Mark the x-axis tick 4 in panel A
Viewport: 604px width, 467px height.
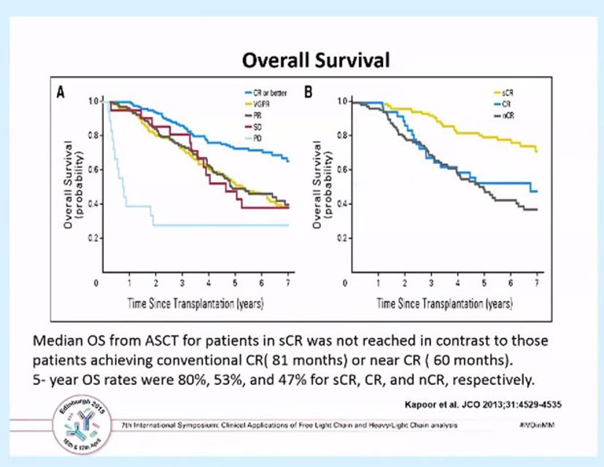[209, 282]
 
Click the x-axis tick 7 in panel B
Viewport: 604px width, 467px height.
[537, 282]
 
